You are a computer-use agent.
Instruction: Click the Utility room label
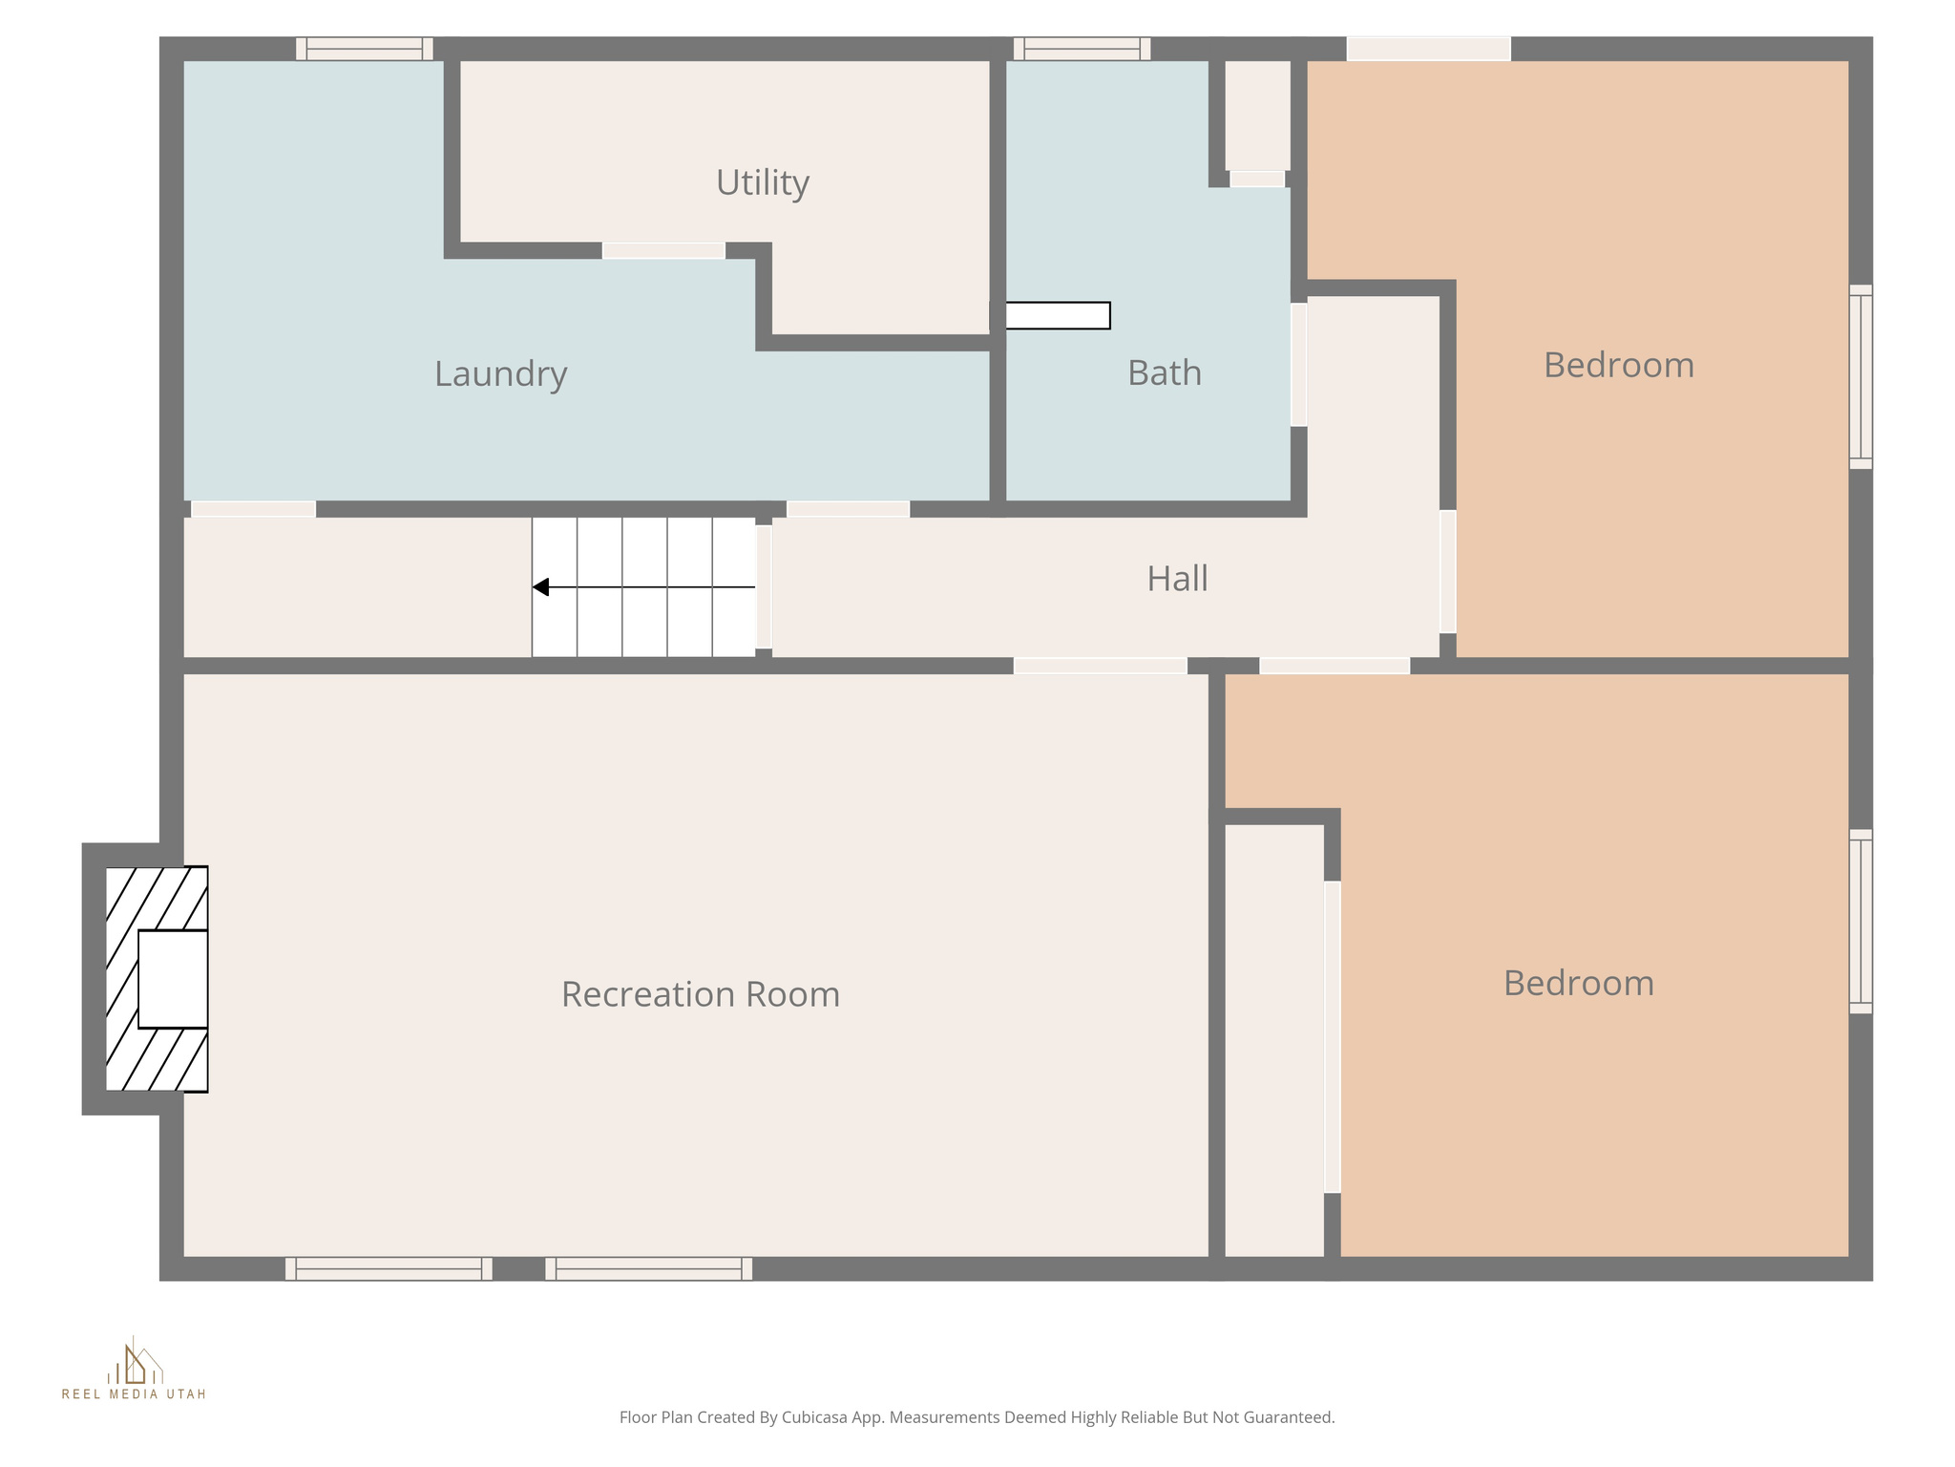pyautogui.click(x=762, y=182)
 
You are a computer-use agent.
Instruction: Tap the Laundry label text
pyautogui.click(x=500, y=373)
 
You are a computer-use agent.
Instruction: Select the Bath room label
pyautogui.click(x=1164, y=372)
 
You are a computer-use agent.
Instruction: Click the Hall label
pyautogui.click(x=1177, y=579)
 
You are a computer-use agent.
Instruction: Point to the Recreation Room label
pyautogui.click(x=700, y=994)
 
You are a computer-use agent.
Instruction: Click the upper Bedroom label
pyautogui.click(x=1618, y=365)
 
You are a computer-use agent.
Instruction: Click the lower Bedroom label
pyautogui.click(x=1578, y=983)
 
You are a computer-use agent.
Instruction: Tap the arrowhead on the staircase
pyautogui.click(x=541, y=587)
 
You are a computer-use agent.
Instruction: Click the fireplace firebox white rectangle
pyautogui.click(x=173, y=979)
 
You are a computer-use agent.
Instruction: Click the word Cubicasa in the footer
pyautogui.click(x=815, y=1417)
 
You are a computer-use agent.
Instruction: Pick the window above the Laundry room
pyautogui.click(x=364, y=49)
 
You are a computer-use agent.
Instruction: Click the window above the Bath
pyautogui.click(x=1082, y=49)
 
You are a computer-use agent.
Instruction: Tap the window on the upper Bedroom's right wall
pyautogui.click(x=1860, y=376)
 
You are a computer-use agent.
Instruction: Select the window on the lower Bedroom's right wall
pyautogui.click(x=1860, y=921)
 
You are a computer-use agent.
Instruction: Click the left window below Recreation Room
pyautogui.click(x=389, y=1268)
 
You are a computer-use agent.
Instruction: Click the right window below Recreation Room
pyautogui.click(x=648, y=1268)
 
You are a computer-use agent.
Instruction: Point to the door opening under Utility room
pyautogui.click(x=663, y=250)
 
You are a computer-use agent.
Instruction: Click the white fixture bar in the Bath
pyautogui.click(x=1057, y=315)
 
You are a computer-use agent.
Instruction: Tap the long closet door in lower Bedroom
pyautogui.click(x=1332, y=1036)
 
